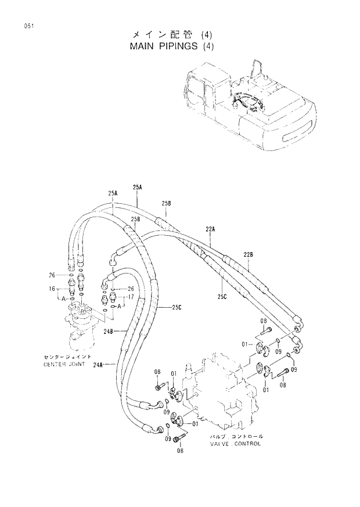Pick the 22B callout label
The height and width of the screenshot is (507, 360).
(x=248, y=254)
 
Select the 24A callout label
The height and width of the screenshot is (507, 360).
(x=98, y=365)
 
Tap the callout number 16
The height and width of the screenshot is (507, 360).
(x=52, y=288)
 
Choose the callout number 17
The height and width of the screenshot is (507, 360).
(x=131, y=297)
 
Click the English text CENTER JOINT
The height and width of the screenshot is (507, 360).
(x=64, y=365)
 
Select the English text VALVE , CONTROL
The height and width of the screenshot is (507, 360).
(x=235, y=444)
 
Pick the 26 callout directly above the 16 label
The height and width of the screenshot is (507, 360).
(x=52, y=275)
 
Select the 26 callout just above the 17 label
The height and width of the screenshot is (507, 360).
(x=131, y=289)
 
